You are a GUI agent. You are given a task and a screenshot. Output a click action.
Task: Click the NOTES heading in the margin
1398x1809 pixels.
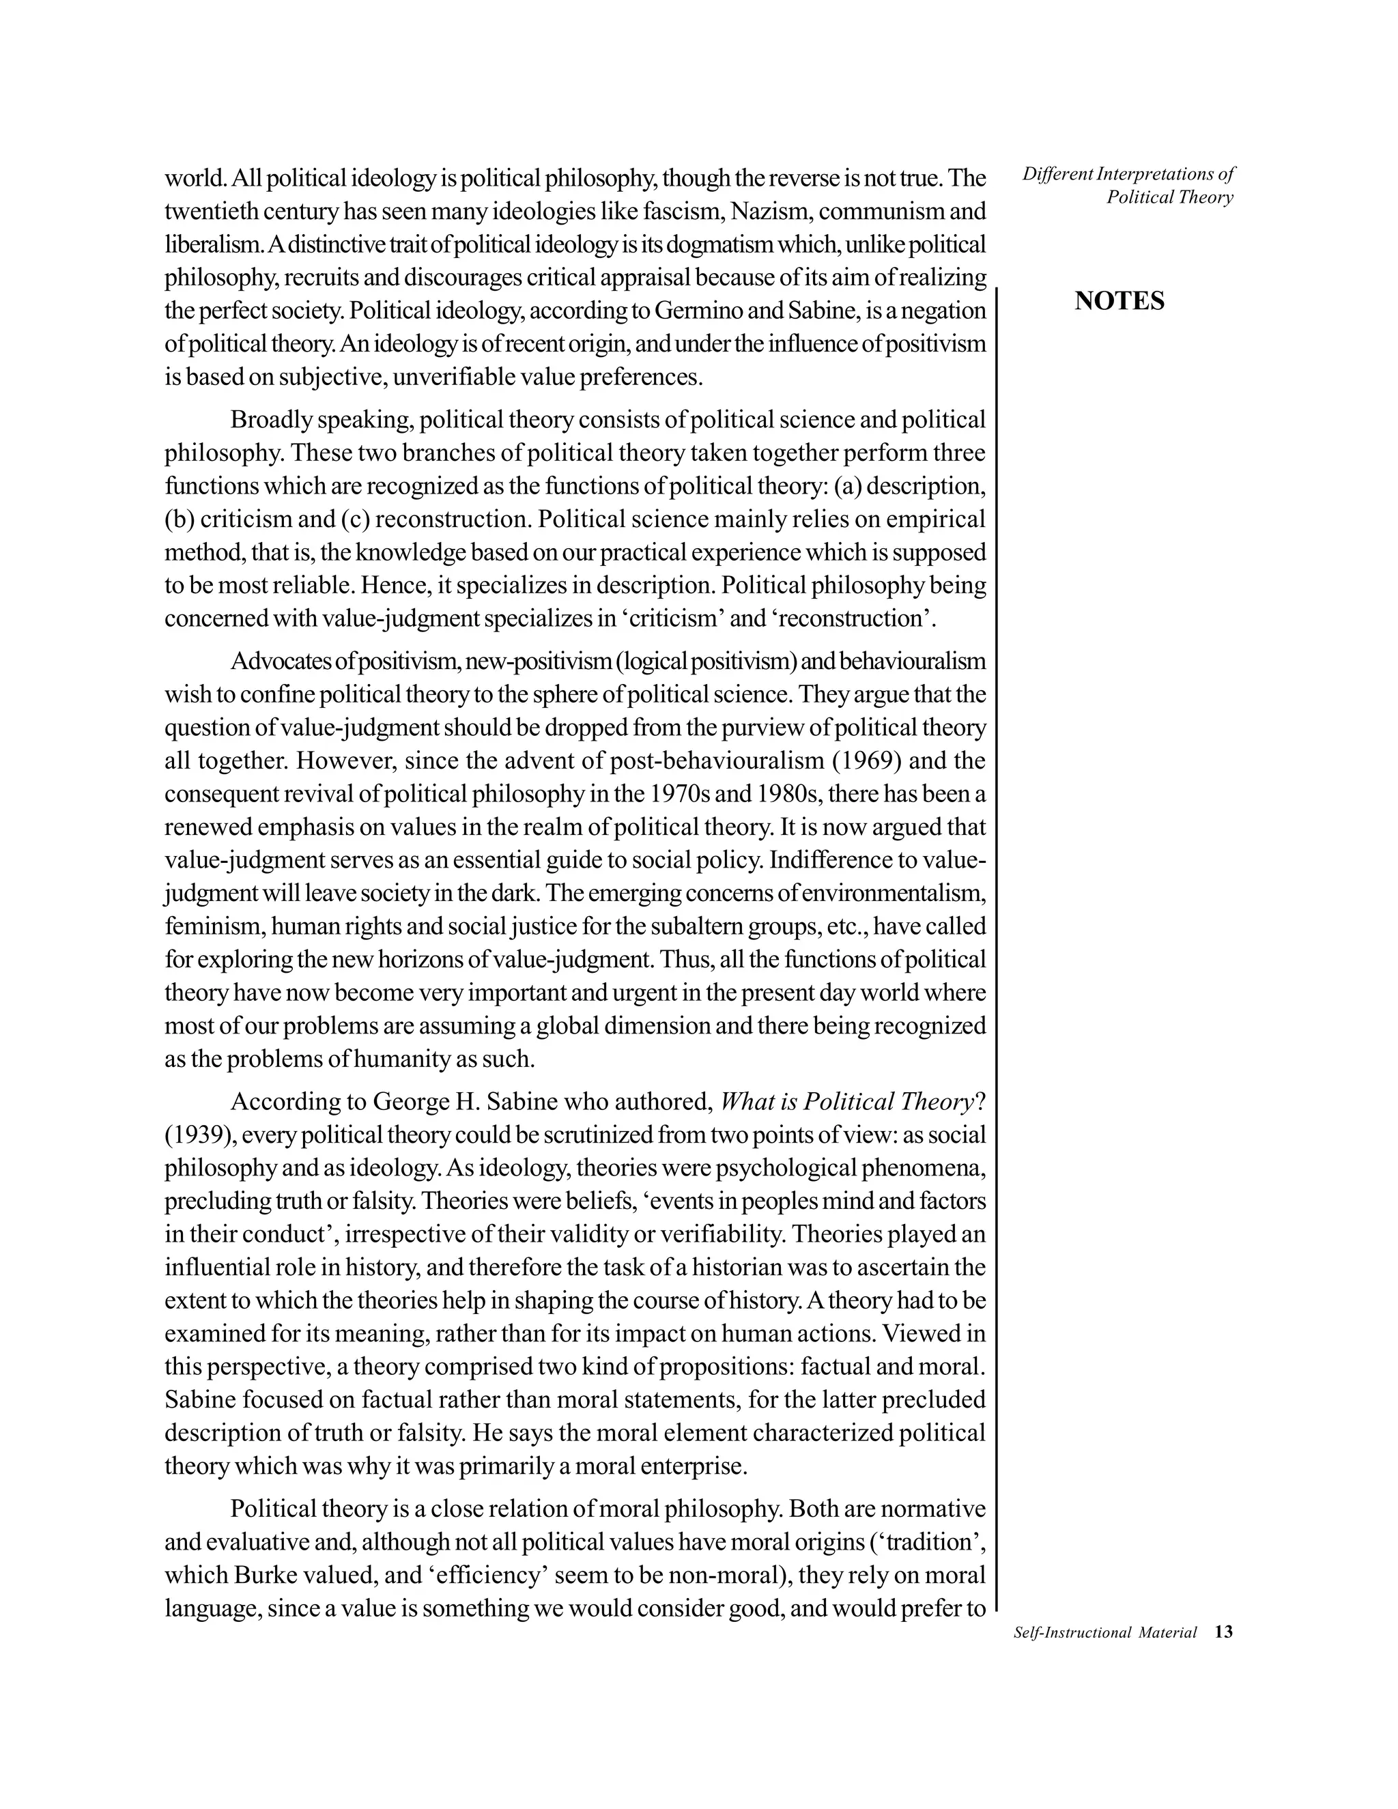click(x=1119, y=302)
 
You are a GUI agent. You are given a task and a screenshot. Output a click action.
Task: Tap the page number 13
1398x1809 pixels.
click(x=1223, y=1632)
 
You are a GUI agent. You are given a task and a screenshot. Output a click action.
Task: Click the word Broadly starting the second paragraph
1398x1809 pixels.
click(x=270, y=420)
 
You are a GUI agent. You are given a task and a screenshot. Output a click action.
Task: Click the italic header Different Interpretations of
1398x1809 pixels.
click(x=1128, y=174)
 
